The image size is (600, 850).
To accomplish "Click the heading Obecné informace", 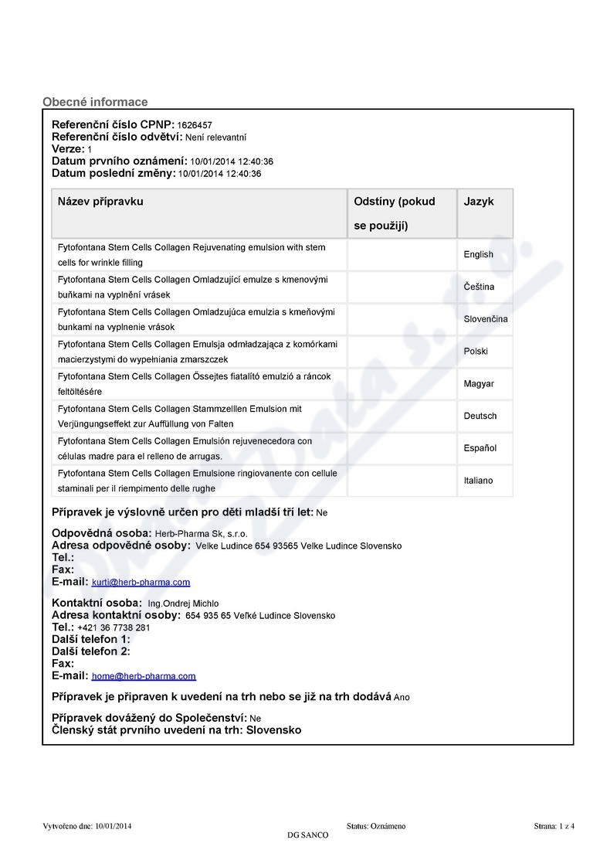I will click(95, 102).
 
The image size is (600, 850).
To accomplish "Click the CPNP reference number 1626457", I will click(195, 125).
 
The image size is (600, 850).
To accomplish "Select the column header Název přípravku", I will click(100, 202).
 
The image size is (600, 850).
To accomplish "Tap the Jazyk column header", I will click(479, 202).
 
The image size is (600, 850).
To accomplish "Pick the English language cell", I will click(478, 254).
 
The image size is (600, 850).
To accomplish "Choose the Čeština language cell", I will click(479, 287).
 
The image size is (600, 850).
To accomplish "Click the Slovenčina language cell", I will click(485, 319).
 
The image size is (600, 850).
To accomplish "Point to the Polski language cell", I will click(476, 352).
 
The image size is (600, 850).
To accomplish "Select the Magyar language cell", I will click(479, 384).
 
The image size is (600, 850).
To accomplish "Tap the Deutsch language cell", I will click(480, 416).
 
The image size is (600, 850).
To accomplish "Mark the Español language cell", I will click(480, 448).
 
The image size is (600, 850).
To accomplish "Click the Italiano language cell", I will click(478, 481).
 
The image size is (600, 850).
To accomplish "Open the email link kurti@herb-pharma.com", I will click(141, 583).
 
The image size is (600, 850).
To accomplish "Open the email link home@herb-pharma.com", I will click(144, 676).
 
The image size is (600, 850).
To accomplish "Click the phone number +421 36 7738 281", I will click(114, 628).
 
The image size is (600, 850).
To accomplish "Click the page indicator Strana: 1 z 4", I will click(554, 826).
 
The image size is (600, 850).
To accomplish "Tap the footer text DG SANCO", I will click(307, 835).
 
